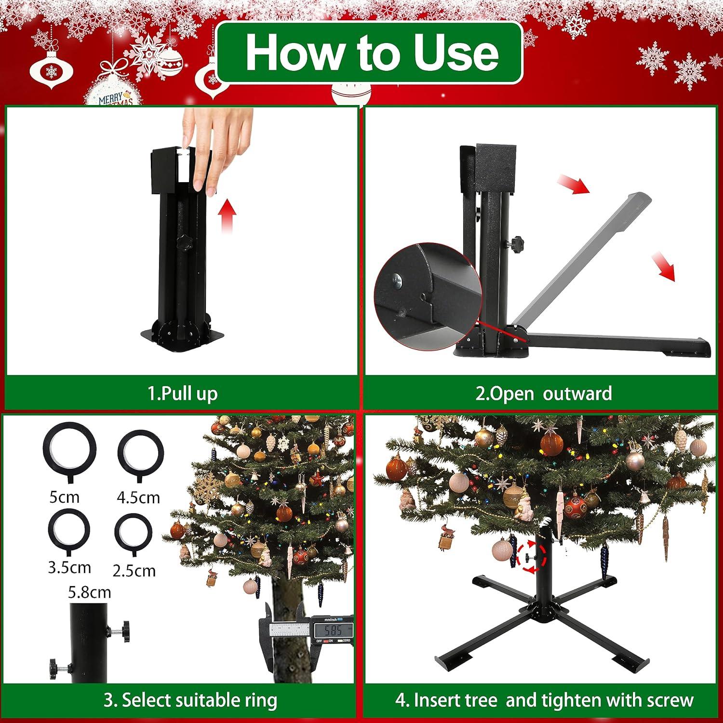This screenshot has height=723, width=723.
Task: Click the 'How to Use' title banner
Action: coord(370,53)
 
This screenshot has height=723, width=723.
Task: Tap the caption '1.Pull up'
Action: coord(183,393)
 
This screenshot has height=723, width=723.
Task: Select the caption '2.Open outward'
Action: coord(544,393)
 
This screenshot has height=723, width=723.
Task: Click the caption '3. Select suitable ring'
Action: coord(190,700)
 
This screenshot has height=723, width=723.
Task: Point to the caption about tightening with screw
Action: coord(544,700)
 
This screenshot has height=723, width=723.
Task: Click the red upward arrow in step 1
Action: coord(226,217)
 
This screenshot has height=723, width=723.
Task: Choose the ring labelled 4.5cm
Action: coord(140,454)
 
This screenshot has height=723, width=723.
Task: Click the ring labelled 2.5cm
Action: coord(134,534)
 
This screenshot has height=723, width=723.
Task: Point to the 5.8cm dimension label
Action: coord(90,592)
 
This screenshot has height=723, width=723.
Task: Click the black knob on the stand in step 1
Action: coord(184,242)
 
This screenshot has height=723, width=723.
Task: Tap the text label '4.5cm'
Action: coord(138,497)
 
